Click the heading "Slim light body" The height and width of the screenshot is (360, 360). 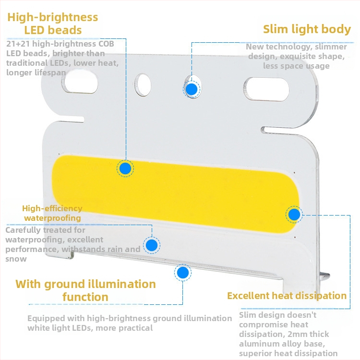point(307,29)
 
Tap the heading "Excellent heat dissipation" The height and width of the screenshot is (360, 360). point(287,296)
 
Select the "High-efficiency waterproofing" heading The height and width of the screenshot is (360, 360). point(52,213)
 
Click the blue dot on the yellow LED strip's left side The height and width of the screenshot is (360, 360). point(125,168)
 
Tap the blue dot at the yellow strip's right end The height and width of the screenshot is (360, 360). point(294,214)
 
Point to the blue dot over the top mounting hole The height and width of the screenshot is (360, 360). point(192,89)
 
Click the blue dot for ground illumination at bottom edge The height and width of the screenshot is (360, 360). point(182,273)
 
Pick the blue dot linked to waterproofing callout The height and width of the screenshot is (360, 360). point(152,245)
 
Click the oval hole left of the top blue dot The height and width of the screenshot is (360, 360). point(143,84)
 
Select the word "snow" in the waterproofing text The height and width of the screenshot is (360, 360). point(16,259)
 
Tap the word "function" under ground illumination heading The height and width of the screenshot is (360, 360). point(85,297)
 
